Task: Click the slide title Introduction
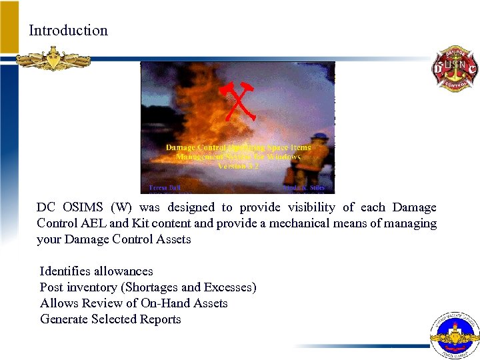coord(68,31)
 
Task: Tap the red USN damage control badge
coord(455,69)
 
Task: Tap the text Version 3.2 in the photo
coord(238,166)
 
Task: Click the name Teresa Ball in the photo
coord(163,188)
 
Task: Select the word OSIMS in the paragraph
coord(81,207)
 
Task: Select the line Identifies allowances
coord(97,271)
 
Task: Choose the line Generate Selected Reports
coord(111,319)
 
